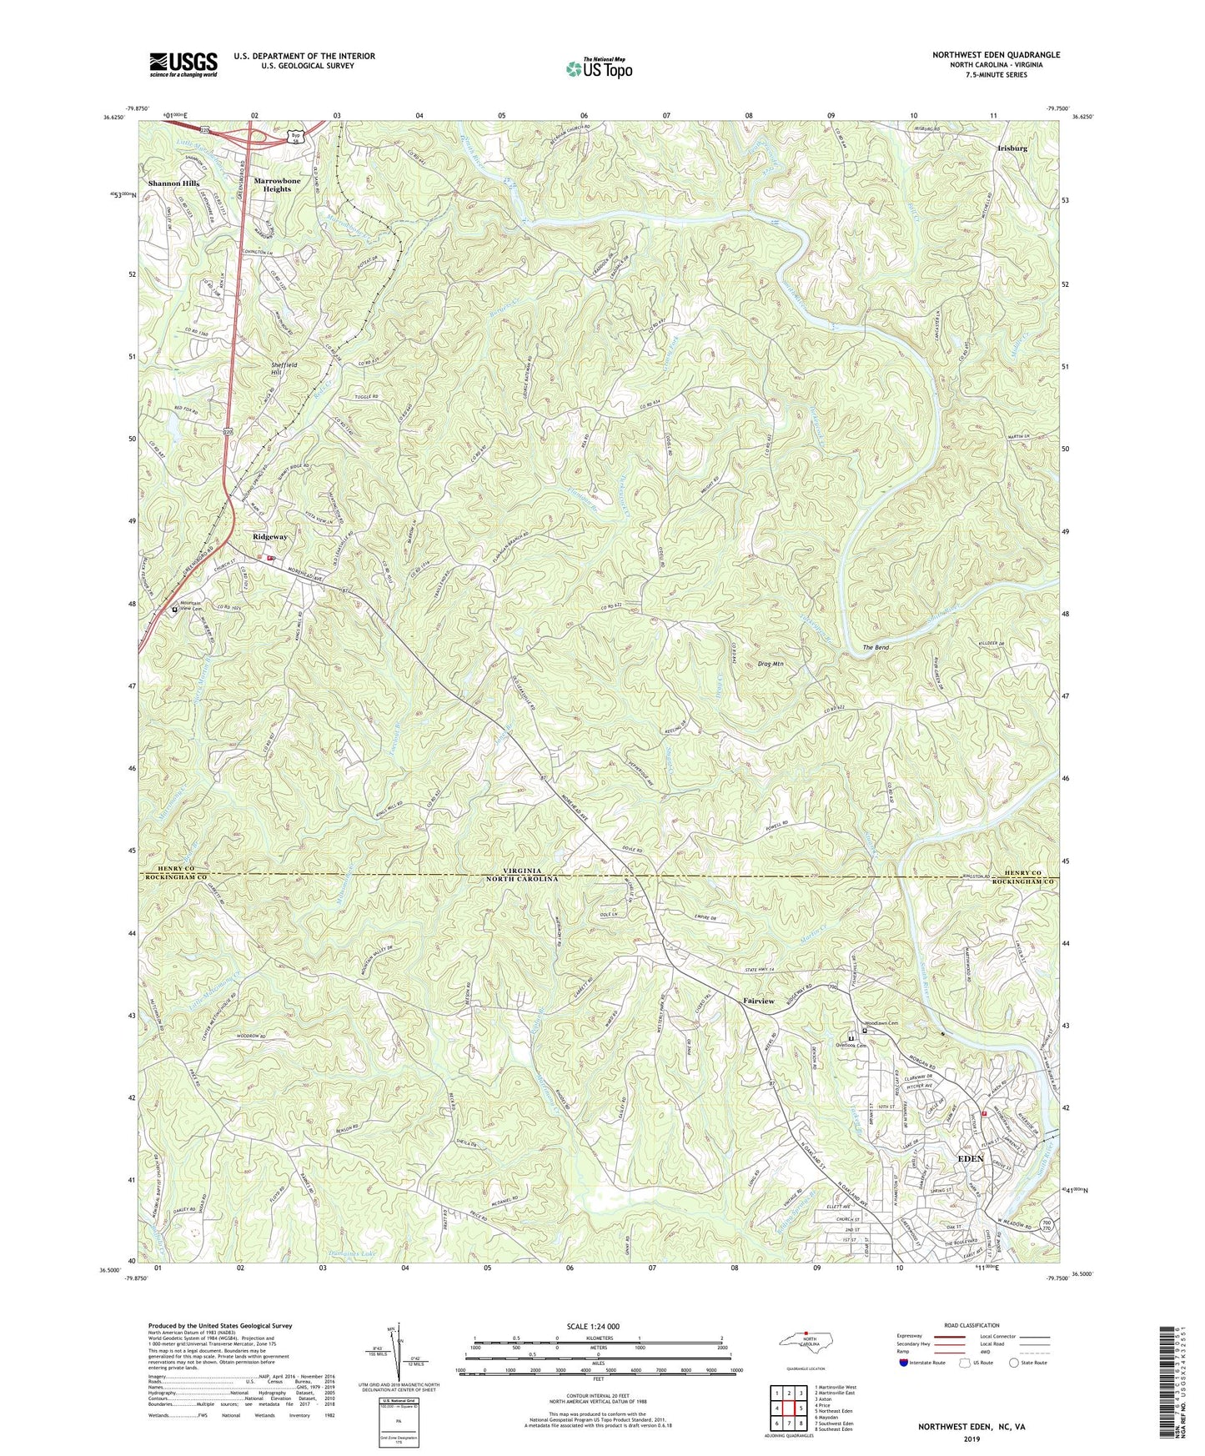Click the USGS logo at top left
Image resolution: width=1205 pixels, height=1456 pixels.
tap(183, 63)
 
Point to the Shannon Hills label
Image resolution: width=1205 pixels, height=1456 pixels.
tap(173, 183)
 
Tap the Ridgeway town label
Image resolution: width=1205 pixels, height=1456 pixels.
tap(270, 538)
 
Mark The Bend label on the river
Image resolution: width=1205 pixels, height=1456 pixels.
tap(878, 647)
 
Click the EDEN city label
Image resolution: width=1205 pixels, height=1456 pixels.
tap(970, 1159)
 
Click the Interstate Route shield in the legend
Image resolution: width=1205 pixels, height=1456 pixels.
tap(906, 1363)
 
